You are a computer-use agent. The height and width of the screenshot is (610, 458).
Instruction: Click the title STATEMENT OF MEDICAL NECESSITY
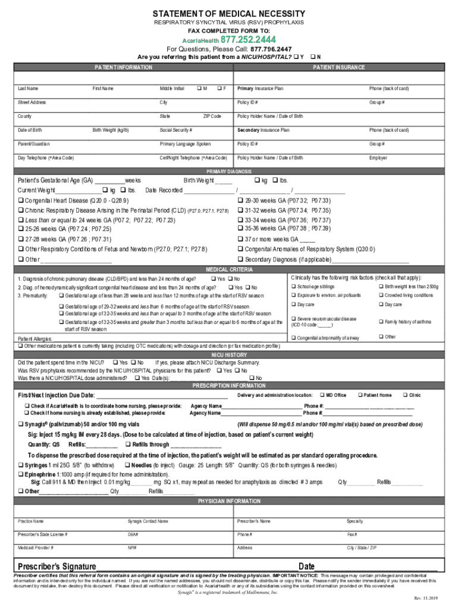pyautogui.click(x=229, y=14)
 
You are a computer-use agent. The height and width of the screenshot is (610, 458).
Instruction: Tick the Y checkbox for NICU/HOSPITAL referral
pyautogui.click(x=296, y=57)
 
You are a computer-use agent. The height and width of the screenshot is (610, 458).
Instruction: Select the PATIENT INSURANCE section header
pyautogui.click(x=338, y=67)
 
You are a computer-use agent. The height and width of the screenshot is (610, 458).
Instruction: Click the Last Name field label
pyautogui.click(x=29, y=89)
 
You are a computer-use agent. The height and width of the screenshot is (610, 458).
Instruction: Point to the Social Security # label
pyautogui.click(x=175, y=130)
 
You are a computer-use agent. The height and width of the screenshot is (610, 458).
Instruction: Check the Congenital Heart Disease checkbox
pyautogui.click(x=21, y=201)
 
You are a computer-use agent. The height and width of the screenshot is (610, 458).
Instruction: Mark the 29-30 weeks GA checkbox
pyautogui.click(x=240, y=201)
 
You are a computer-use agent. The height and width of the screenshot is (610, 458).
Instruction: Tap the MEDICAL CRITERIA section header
pyautogui.click(x=229, y=269)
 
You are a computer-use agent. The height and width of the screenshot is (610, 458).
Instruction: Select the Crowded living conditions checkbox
pyautogui.click(x=380, y=295)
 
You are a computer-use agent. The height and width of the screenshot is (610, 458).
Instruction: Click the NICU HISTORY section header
pyautogui.click(x=229, y=354)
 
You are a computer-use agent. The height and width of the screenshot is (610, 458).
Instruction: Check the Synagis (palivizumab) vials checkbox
pyautogui.click(x=21, y=424)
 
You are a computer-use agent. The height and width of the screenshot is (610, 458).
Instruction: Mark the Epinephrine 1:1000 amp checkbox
pyautogui.click(x=21, y=474)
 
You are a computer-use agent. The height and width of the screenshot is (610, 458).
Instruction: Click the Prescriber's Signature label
pyautogui.click(x=57, y=566)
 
